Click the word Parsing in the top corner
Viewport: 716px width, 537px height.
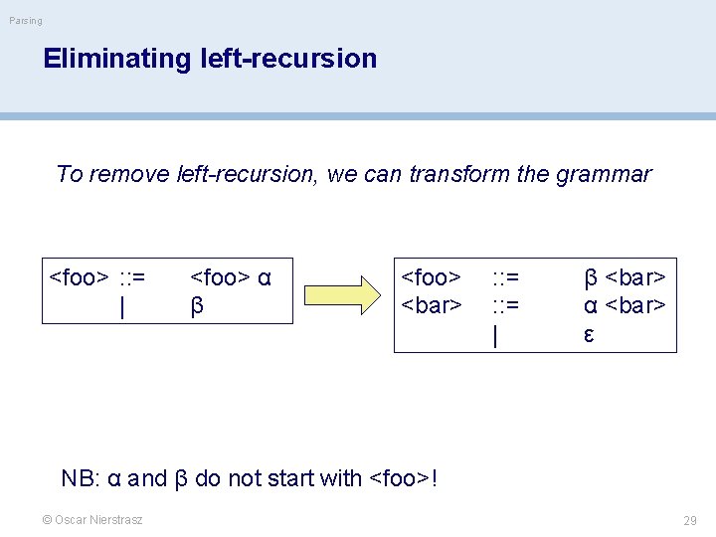point(26,21)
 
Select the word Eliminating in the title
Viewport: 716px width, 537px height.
point(101,59)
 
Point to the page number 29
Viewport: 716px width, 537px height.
point(690,521)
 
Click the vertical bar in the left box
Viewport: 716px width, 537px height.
point(121,307)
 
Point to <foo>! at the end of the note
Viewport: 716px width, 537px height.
point(403,478)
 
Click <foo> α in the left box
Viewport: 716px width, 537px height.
point(231,275)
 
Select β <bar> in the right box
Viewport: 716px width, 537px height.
point(625,275)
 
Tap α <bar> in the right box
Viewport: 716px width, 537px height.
point(625,305)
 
